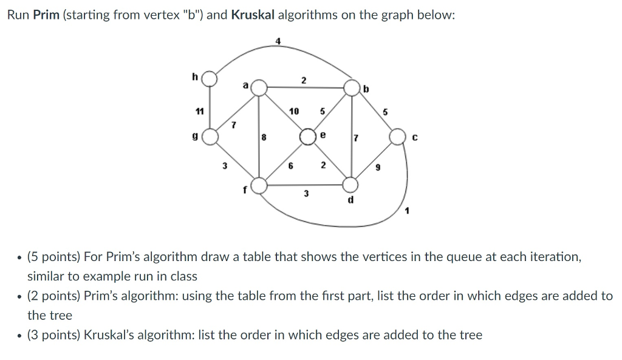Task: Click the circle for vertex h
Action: click(210, 78)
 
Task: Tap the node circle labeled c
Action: click(398, 137)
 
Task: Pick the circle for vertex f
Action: click(259, 185)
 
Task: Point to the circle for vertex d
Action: click(351, 183)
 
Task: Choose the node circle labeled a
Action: click(259, 87)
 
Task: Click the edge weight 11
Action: click(199, 111)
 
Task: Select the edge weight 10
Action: click(294, 111)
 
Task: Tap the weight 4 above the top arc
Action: click(278, 41)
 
